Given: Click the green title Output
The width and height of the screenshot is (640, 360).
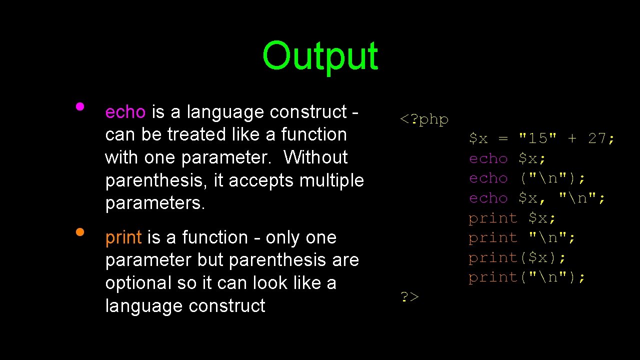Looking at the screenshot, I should point(320,56).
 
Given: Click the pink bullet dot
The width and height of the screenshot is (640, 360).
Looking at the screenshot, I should point(79,106).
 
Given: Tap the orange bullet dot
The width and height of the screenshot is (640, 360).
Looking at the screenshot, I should point(79,232).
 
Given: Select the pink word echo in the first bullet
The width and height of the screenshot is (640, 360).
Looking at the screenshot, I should point(125,112).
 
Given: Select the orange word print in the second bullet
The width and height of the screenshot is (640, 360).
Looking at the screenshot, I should point(123,237).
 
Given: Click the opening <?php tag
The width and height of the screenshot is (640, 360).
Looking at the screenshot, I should point(424,119).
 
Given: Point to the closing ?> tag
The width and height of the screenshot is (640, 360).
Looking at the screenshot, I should point(409,297).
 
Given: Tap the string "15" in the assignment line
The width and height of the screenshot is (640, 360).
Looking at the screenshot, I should point(538,138).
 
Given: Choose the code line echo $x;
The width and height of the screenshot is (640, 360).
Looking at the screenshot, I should point(507,158).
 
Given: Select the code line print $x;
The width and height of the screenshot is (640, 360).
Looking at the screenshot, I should point(512,218).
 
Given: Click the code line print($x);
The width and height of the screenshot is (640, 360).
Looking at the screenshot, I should point(517,257).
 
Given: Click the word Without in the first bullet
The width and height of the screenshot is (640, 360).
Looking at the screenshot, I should point(315,157).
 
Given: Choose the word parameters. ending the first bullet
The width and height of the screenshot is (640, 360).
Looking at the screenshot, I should point(155,203).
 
